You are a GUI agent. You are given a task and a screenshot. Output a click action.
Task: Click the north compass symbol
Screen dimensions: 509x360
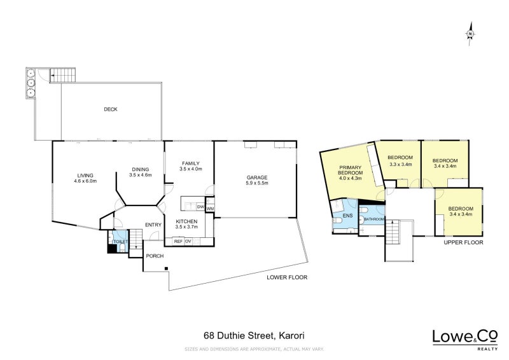pyautogui.click(x=470, y=34)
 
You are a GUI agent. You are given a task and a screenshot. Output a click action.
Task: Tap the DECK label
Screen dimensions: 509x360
pyautogui.click(x=110, y=109)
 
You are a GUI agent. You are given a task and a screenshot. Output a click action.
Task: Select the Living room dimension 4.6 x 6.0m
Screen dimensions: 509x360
pyautogui.click(x=85, y=181)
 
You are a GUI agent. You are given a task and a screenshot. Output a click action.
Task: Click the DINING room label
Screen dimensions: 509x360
pyautogui.click(x=140, y=169)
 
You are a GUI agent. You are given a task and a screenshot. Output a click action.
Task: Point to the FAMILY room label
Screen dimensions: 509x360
pyautogui.click(x=190, y=163)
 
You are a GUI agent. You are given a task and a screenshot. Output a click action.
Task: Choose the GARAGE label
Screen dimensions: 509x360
pyautogui.click(x=257, y=177)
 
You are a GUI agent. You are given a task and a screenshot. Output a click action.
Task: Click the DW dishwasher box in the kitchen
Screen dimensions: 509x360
pyautogui.click(x=200, y=207)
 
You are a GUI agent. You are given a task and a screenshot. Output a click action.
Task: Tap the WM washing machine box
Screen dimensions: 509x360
pyautogui.click(x=210, y=209)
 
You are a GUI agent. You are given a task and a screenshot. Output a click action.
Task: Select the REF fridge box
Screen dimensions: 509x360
pyautogui.click(x=178, y=241)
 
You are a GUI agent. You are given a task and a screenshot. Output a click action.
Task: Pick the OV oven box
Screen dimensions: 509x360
pyautogui.click(x=188, y=241)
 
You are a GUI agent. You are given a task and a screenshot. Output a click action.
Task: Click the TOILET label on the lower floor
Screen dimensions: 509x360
pyautogui.click(x=120, y=242)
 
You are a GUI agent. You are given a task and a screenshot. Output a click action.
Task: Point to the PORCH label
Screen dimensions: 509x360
pyautogui.click(x=155, y=256)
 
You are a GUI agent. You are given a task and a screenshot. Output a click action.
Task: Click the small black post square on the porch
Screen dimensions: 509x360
pyautogui.click(x=166, y=268)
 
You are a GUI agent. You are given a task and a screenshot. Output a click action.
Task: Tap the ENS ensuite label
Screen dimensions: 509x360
pyautogui.click(x=347, y=216)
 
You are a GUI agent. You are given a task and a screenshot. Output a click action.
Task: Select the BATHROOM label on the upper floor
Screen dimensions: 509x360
pyautogui.click(x=373, y=219)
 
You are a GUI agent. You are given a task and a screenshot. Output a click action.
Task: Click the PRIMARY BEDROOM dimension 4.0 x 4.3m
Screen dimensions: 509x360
pyautogui.click(x=351, y=178)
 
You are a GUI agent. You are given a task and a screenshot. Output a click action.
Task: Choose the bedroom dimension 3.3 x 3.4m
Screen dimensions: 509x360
pyautogui.click(x=400, y=164)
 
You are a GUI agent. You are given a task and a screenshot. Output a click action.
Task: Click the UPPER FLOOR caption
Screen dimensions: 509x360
pyautogui.click(x=463, y=242)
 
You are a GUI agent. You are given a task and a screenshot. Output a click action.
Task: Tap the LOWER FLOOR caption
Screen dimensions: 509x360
pyautogui.click(x=287, y=277)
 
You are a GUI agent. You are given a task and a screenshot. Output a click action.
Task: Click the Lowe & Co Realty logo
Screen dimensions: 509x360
pyautogui.click(x=465, y=340)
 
